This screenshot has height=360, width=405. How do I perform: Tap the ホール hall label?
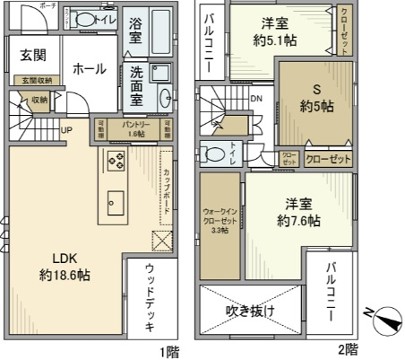[x=83, y=71]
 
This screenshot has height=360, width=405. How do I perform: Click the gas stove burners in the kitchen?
[x=113, y=162]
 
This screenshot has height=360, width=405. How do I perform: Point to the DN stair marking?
[x=256, y=98]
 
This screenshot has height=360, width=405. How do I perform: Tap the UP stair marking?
[x=66, y=130]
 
